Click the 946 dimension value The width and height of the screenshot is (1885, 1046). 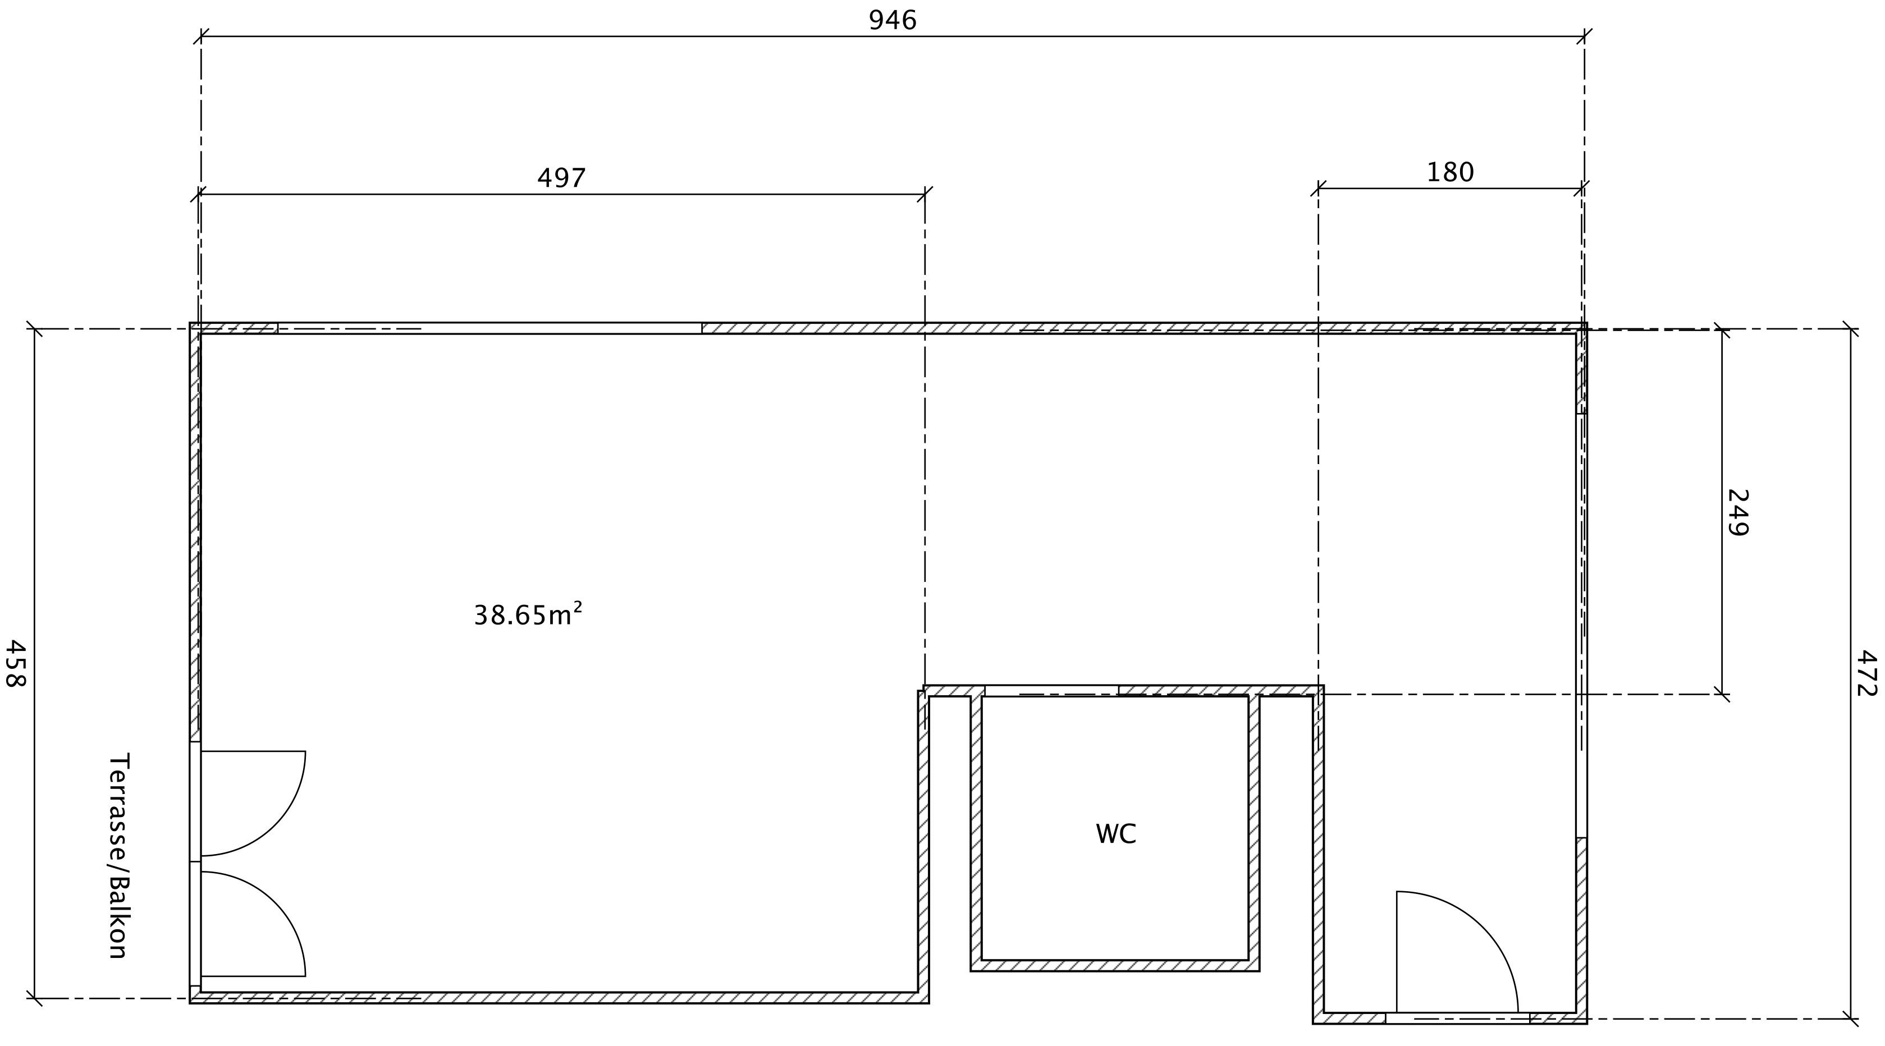click(892, 20)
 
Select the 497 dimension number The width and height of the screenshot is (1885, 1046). click(561, 178)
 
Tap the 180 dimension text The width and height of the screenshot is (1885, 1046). click(1449, 173)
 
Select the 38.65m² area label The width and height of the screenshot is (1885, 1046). click(528, 614)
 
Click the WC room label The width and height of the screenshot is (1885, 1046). click(1115, 834)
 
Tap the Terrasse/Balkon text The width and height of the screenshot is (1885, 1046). click(118, 856)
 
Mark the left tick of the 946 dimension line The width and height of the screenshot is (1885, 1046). click(201, 36)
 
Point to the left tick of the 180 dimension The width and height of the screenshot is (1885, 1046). click(1319, 189)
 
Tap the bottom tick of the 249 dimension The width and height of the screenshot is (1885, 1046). click(1722, 694)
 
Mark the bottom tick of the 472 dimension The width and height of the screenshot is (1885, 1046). click(1851, 1019)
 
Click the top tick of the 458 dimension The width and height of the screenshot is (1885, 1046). click(34, 329)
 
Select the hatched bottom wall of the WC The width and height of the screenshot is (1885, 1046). click(1115, 966)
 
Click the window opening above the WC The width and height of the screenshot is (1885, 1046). click(1051, 691)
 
